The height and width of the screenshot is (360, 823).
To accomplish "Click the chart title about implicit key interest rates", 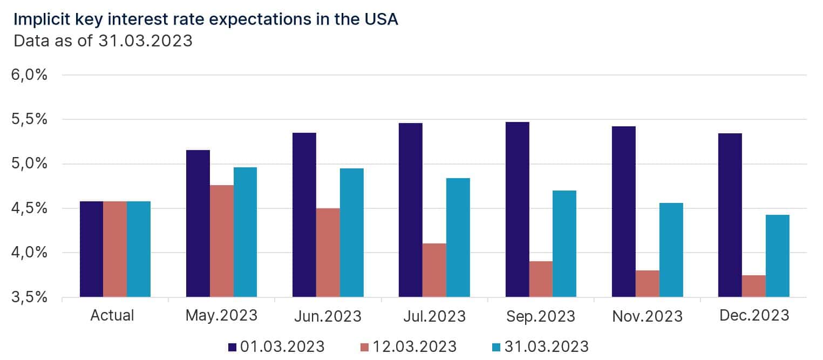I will (x=206, y=19).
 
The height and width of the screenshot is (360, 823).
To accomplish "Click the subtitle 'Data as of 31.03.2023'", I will (x=103, y=40).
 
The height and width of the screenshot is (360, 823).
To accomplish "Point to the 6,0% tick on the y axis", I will (x=30, y=74).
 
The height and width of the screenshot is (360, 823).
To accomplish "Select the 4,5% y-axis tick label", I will (x=30, y=208).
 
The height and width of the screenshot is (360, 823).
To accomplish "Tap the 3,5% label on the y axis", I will (x=30, y=297).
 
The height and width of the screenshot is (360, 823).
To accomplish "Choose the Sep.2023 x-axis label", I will (x=541, y=315).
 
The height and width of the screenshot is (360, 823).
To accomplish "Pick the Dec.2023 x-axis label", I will (x=754, y=315).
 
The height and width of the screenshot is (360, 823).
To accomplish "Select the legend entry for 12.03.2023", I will (x=407, y=346).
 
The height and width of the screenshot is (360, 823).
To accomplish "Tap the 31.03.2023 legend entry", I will (x=539, y=346).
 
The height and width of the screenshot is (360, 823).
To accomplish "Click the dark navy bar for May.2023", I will (x=198, y=223).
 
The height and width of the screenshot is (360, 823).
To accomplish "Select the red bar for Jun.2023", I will (x=328, y=253).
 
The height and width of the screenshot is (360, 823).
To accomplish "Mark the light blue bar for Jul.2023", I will (x=458, y=237).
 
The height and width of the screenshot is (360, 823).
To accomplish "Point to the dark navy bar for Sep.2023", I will (x=518, y=209).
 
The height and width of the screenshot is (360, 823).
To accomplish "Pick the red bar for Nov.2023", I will (x=648, y=283).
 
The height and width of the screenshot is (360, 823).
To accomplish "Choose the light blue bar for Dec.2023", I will (x=778, y=256).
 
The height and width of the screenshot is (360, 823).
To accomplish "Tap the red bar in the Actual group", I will (x=115, y=249).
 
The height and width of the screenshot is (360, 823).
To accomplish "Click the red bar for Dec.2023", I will (x=754, y=286).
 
